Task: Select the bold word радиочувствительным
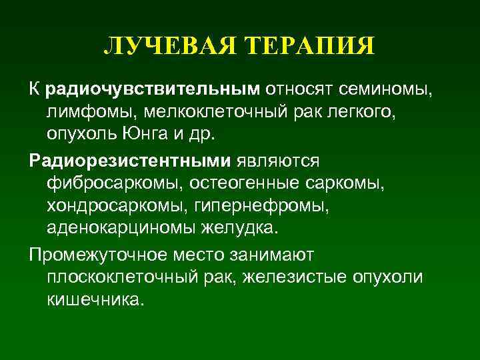click(151, 87)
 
